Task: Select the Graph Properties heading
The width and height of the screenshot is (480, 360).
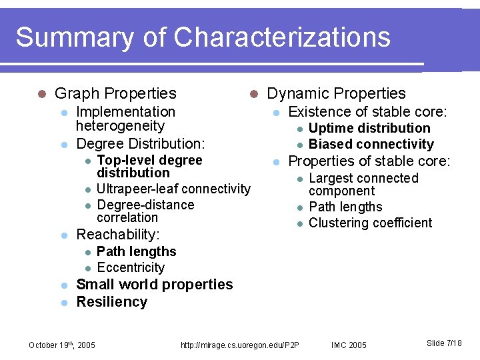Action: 115,94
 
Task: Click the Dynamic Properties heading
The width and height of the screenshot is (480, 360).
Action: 336,94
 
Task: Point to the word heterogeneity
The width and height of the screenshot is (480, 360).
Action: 120,126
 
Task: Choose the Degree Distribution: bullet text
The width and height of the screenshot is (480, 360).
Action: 141,144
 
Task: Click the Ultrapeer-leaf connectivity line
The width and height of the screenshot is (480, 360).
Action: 173,189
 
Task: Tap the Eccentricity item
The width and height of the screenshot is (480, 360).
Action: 131,268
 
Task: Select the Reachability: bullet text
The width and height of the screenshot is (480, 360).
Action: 118,235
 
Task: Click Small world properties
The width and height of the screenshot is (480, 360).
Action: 155,285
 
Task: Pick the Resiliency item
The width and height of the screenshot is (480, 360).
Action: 111,302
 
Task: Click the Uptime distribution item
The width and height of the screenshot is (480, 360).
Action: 369,128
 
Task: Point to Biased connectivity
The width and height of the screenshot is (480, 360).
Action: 371,145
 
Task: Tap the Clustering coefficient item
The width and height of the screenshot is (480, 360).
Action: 371,223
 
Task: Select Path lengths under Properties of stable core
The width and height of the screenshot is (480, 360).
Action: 345,207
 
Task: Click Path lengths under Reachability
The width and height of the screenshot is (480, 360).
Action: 136,252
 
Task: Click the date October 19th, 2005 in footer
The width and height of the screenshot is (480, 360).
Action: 62,345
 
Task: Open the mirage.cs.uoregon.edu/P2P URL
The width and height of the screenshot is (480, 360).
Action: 240,345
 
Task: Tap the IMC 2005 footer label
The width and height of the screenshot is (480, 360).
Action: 349,345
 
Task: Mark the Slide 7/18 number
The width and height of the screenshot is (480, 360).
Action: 444,343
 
